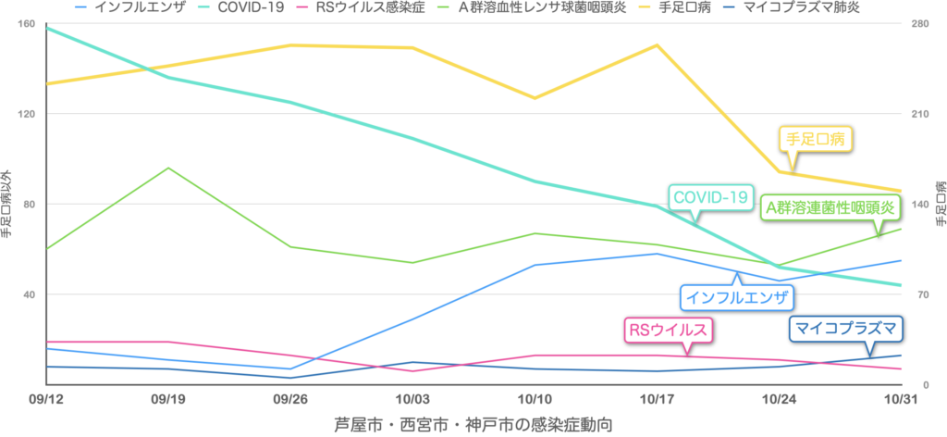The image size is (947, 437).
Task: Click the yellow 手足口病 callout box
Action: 814,139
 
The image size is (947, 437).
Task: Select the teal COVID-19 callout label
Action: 709,197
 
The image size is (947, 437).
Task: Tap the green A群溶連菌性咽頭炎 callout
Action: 830,207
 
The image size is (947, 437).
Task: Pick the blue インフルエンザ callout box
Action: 736,297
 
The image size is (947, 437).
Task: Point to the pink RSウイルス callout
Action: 669,329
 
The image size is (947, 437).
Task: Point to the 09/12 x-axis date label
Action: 45,396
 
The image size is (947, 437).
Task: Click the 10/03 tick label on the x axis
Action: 412,396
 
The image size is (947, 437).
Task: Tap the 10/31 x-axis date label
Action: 902,396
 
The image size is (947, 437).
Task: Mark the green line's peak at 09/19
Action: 167,168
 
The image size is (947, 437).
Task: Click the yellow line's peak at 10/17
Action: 657,44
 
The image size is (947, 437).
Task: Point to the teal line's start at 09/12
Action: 46,27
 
